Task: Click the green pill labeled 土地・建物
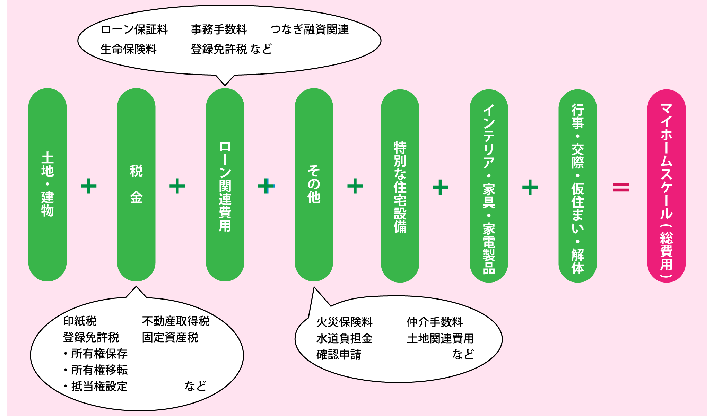[47, 185]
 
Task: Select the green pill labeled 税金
[136, 185]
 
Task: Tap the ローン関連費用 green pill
[225, 185]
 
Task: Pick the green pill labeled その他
[314, 185]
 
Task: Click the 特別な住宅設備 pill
[400, 186]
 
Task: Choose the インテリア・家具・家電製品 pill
[489, 186]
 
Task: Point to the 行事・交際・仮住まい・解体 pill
[577, 186]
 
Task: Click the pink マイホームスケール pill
[666, 186]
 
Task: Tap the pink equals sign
[621, 187]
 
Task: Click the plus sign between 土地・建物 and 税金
[89, 186]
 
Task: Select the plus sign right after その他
[355, 186]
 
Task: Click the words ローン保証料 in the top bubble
[134, 29]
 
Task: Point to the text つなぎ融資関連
[309, 29]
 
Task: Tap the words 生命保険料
[129, 49]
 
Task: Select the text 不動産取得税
[176, 321]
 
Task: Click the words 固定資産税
[170, 337]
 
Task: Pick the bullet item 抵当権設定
[99, 386]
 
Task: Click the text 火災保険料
[344, 322]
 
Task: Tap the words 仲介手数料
[435, 322]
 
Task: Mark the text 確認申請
[339, 355]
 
